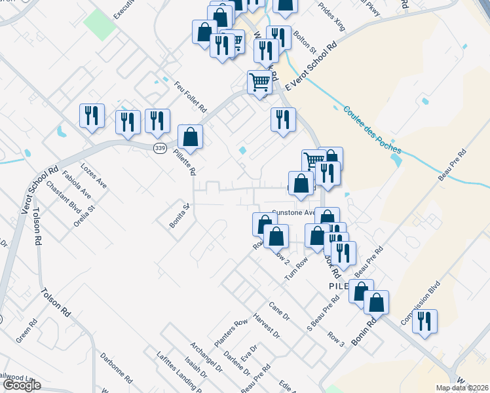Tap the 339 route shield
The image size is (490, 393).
coord(160,149)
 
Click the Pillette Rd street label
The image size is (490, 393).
coord(189,160)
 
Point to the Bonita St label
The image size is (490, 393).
coord(179,215)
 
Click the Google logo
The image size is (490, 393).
coord(22,385)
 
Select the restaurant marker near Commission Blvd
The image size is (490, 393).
coord(425,322)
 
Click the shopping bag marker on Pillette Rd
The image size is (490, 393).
coord(190,138)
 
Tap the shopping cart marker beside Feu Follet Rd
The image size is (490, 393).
coord(260,83)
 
